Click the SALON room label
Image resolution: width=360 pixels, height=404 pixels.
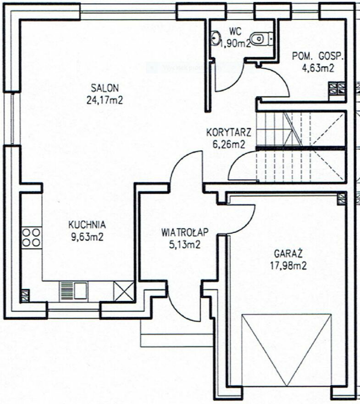[x=105, y=88]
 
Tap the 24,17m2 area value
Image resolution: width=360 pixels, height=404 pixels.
[x=105, y=100]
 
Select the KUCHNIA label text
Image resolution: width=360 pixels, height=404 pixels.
[x=87, y=224]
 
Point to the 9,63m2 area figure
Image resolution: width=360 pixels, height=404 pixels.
[x=87, y=237]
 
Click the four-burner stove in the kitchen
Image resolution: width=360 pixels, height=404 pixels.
[x=31, y=237]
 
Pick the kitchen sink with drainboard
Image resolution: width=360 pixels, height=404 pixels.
[x=73, y=291]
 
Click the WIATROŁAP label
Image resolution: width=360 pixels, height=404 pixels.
[x=185, y=232]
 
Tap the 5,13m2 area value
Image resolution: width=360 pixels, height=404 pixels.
[x=184, y=245]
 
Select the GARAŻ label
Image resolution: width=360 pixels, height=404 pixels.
[x=288, y=254]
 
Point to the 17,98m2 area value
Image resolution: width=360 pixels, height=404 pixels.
[x=288, y=266]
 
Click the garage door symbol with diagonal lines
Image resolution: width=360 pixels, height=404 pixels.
[x=287, y=350]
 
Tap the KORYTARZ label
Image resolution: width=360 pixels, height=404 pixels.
[x=229, y=133]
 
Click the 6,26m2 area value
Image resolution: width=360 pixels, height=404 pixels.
[x=229, y=145]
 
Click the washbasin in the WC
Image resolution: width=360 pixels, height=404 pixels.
[x=215, y=38]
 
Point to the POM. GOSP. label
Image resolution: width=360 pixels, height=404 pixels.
[x=318, y=56]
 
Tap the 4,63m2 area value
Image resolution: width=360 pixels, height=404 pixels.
[x=318, y=68]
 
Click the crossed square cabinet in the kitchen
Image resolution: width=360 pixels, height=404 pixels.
[x=124, y=291]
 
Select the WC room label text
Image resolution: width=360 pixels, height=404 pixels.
[x=235, y=32]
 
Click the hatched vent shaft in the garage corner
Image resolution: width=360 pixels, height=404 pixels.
[x=342, y=199]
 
